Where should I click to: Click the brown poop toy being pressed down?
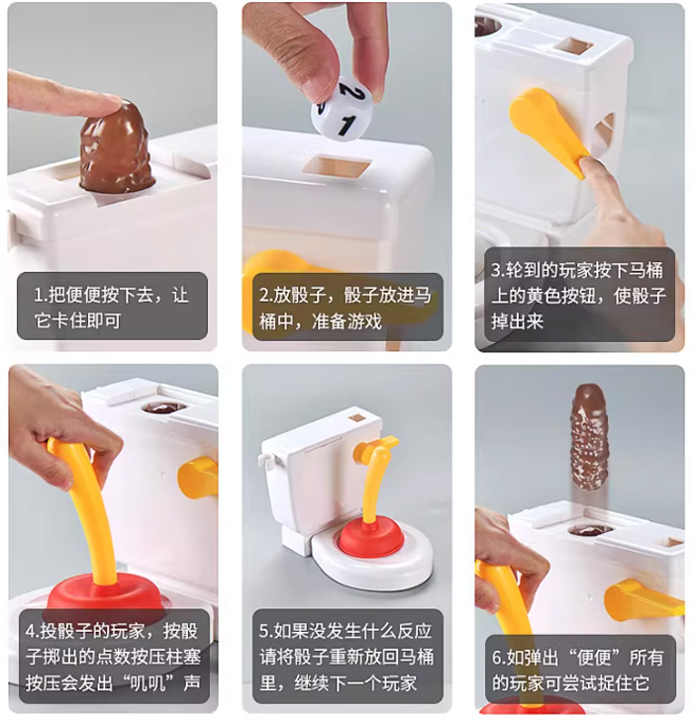(x=115, y=153)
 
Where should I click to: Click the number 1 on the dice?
(x=346, y=125)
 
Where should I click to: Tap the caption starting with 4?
(x=112, y=657)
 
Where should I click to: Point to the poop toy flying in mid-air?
(x=588, y=436)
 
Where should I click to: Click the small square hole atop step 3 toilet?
(x=572, y=45)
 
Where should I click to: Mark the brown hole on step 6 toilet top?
(x=590, y=530)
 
